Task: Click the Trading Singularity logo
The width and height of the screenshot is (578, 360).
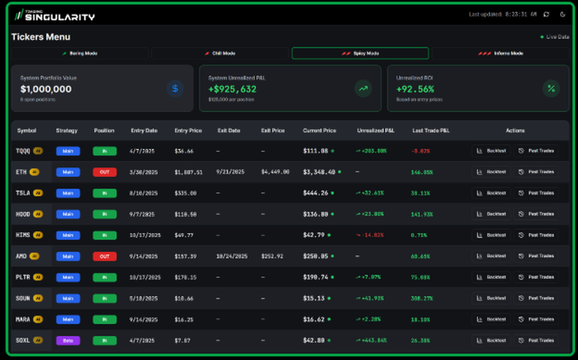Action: pos(54,15)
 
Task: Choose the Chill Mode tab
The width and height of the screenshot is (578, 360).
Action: pos(220,53)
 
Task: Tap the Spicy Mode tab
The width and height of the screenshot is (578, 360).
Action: pos(360,53)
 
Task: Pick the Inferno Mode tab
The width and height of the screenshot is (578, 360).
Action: pos(500,53)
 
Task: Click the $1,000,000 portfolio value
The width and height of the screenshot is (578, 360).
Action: pos(46,89)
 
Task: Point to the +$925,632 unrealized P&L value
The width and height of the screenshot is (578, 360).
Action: pos(232,89)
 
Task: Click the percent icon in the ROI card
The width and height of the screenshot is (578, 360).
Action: pos(551,88)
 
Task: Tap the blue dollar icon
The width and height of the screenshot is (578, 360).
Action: pos(175,88)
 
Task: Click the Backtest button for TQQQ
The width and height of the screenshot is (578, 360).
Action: pos(491,151)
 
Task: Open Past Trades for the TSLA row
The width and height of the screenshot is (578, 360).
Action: pos(536,193)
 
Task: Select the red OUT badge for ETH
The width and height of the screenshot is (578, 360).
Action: pos(105,172)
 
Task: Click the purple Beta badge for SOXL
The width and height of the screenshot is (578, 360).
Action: pos(68,340)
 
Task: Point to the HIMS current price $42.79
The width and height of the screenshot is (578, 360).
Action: pos(314,235)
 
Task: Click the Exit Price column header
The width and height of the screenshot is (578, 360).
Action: pos(273,131)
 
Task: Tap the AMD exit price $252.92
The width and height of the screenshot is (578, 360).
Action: pos(272,256)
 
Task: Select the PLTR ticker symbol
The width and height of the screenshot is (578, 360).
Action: pos(23,277)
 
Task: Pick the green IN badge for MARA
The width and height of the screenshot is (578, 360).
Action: pos(105,319)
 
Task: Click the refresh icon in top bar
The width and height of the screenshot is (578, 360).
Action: pos(547,14)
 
